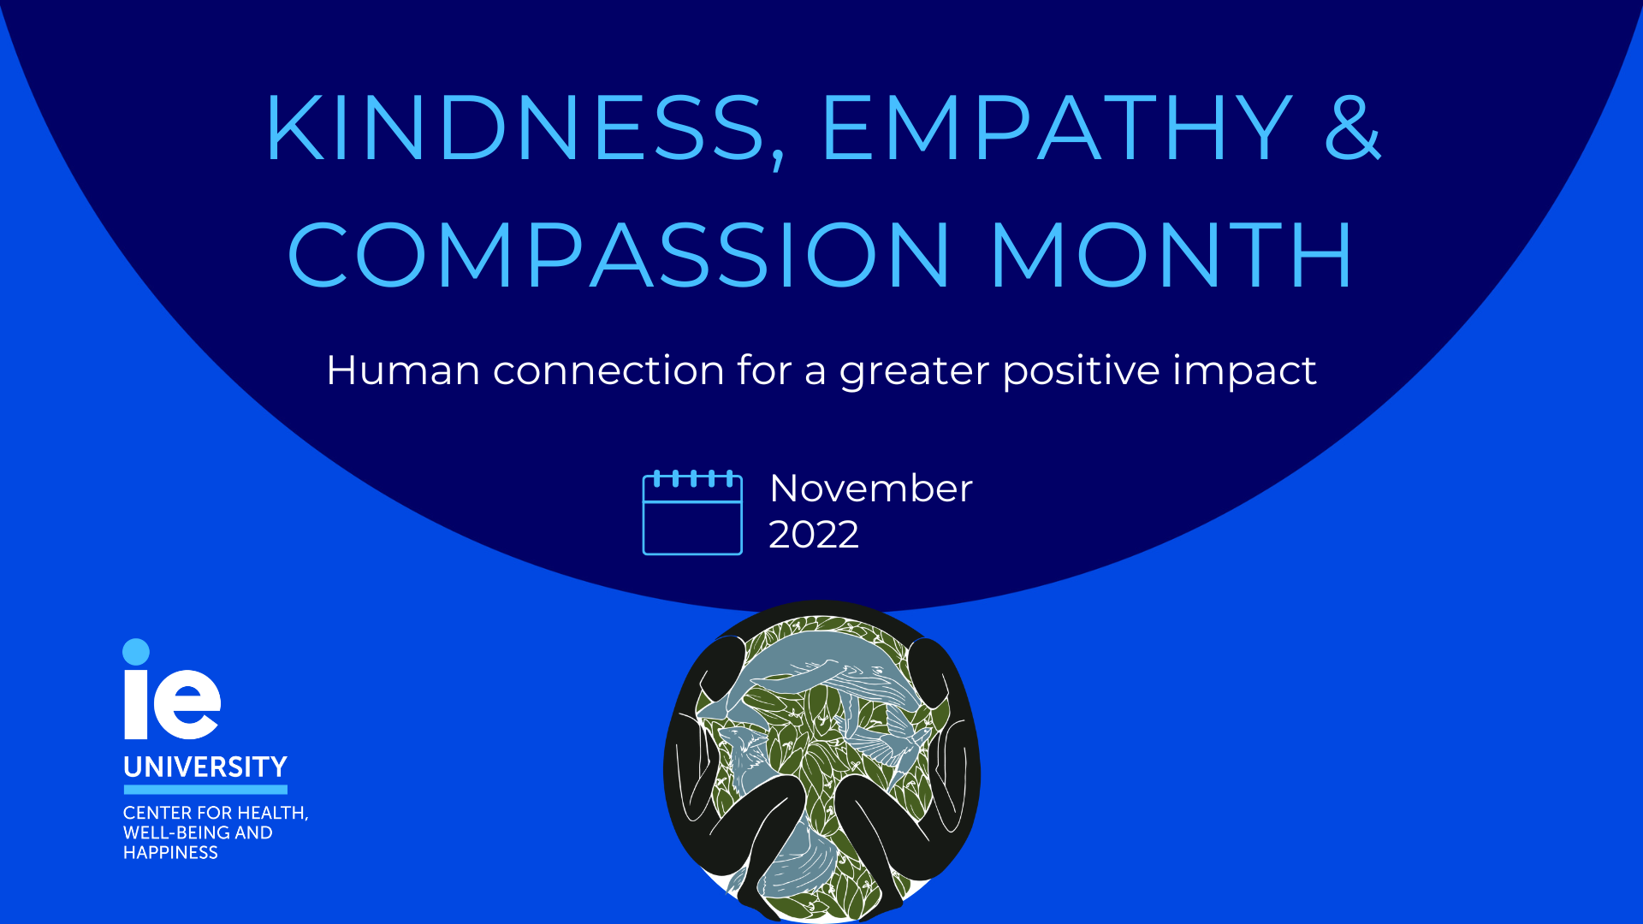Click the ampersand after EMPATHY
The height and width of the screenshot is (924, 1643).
[1352, 127]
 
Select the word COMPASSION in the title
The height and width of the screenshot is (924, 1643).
[619, 255]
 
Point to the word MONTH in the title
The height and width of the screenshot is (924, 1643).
[1171, 255]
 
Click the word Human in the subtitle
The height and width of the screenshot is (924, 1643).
[403, 370]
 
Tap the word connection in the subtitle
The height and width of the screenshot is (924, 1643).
[608, 370]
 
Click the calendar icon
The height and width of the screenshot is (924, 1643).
[692, 512]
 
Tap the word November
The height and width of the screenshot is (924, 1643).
[871, 489]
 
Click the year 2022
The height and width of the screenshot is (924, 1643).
[814, 535]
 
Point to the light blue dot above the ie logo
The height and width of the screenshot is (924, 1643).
[136, 652]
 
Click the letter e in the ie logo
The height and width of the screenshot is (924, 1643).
[187, 704]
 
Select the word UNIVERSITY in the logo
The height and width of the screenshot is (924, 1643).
[205, 767]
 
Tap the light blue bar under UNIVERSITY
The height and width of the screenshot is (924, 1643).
[205, 790]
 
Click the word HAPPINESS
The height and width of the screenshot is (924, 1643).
[170, 852]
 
